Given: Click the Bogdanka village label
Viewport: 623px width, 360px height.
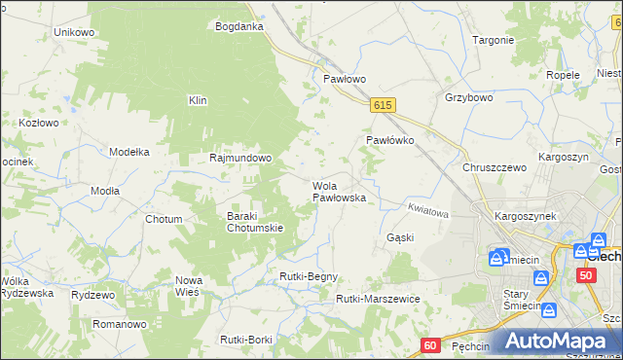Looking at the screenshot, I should pyautogui.click(x=239, y=26).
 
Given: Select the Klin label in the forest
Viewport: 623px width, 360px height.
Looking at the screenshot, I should pyautogui.click(x=198, y=100).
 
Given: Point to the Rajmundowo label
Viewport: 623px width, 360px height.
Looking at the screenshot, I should pyautogui.click(x=240, y=158).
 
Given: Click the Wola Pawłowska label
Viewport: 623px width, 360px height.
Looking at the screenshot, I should pyautogui.click(x=339, y=192).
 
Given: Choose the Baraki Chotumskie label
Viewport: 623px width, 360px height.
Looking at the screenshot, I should pyautogui.click(x=254, y=222).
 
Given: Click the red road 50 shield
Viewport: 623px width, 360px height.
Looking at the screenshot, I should pyautogui.click(x=585, y=275).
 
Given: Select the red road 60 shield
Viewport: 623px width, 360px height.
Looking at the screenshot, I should pyautogui.click(x=432, y=345).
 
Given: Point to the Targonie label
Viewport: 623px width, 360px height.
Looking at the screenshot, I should pyautogui.click(x=493, y=40).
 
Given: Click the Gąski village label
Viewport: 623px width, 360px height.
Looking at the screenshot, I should pyautogui.click(x=400, y=237).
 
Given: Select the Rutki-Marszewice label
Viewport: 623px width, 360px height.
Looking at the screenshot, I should pyautogui.click(x=377, y=299).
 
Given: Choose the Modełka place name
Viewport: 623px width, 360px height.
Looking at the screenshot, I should pyautogui.click(x=128, y=152).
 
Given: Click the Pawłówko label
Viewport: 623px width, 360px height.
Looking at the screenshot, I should pyautogui.click(x=390, y=140).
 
